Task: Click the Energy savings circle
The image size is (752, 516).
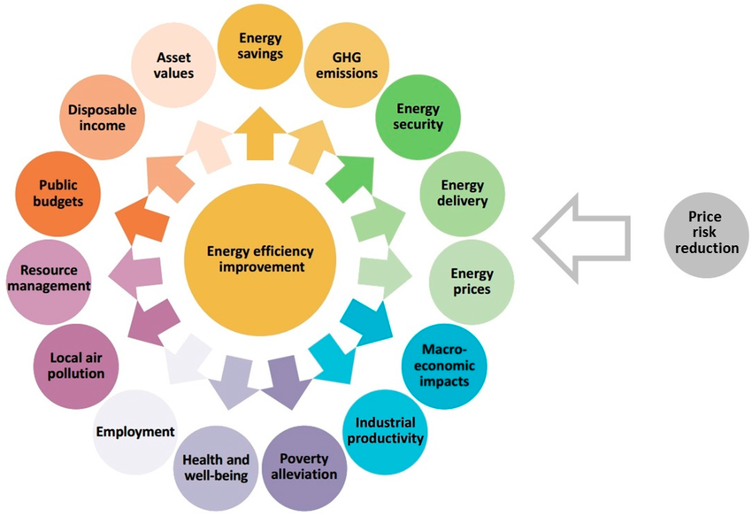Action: [x=259, y=46]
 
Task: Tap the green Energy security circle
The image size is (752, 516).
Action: [x=418, y=117]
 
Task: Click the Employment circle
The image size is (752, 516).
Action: [x=134, y=432]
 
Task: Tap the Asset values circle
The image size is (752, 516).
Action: [x=174, y=65]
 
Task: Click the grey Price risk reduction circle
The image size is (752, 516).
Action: [x=705, y=233]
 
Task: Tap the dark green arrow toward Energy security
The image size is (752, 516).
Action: [x=351, y=173]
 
